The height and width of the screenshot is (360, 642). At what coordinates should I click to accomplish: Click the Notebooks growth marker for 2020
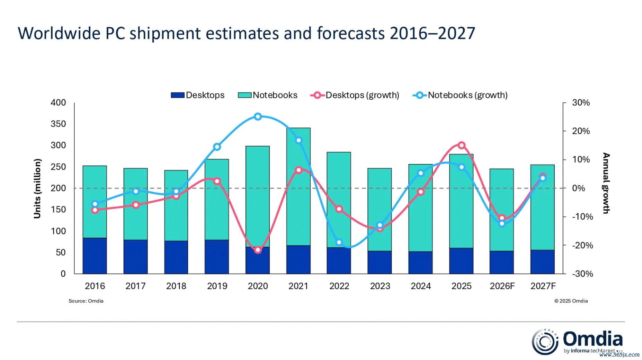pos(258,117)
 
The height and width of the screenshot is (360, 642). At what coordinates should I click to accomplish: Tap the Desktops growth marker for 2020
pos(258,250)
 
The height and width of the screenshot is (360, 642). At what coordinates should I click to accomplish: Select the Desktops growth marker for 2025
pos(461,145)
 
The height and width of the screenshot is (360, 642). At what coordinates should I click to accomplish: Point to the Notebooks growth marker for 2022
pos(339,243)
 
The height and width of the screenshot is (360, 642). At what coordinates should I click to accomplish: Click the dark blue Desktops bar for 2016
pos(95,256)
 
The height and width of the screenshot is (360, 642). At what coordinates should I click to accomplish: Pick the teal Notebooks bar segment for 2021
pos(298,187)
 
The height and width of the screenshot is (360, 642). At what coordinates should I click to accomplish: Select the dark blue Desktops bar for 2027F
pos(542,262)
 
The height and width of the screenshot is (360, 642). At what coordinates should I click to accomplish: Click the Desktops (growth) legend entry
pos(355,95)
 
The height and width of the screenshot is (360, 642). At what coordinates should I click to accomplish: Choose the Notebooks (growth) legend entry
pos(460,95)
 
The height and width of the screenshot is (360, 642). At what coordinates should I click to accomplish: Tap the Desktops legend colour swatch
pos(177,95)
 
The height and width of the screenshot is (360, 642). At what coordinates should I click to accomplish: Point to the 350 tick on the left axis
pos(58,124)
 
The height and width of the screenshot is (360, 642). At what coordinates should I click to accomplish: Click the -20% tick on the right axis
pos(582,245)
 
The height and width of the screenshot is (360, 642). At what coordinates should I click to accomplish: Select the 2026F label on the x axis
pos(502,286)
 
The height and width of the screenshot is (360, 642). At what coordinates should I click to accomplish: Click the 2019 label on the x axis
pos(217,286)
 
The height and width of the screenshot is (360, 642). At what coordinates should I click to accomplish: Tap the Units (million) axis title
pos(37,188)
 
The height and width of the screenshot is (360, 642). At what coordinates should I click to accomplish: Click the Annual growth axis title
pos(606,183)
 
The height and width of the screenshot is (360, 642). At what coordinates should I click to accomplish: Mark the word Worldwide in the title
pos(59,33)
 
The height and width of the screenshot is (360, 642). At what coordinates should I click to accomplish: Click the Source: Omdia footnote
pos(86,301)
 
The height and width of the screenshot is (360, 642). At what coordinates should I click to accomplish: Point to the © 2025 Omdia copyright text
pos(571,301)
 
